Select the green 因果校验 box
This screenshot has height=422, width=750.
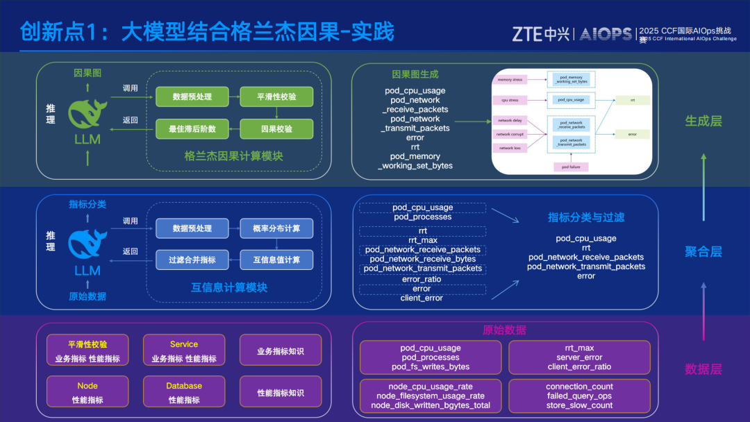click(x=276, y=129)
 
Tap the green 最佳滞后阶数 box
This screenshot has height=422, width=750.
click(x=192, y=129)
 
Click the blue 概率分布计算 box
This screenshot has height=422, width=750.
click(x=276, y=228)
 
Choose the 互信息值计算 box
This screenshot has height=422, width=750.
click(x=276, y=260)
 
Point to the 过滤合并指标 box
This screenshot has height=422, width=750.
click(x=192, y=260)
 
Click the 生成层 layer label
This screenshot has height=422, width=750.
click(x=703, y=121)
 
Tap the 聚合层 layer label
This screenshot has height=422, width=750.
click(x=703, y=251)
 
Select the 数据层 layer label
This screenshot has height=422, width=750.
click(x=703, y=369)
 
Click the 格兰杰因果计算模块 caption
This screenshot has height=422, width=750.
click(x=234, y=156)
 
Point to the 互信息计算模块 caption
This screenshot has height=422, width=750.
click(x=229, y=287)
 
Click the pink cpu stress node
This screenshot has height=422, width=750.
click(x=510, y=100)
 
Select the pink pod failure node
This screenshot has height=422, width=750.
click(x=570, y=167)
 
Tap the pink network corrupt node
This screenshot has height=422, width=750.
click(x=510, y=134)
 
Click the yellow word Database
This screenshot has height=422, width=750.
click(x=184, y=386)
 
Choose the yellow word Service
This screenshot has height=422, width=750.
click(x=184, y=344)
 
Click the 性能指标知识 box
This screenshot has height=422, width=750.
click(x=281, y=393)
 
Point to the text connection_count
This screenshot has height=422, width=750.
click(x=579, y=387)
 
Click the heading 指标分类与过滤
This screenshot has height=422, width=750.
click(x=586, y=217)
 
